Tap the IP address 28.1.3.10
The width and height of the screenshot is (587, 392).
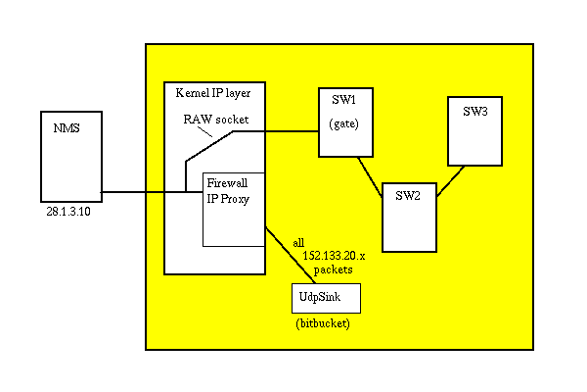pos(70,210)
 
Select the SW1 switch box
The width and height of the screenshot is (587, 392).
pos(347,122)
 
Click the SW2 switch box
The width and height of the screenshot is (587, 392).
pos(409,216)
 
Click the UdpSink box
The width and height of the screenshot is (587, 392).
pos(326,297)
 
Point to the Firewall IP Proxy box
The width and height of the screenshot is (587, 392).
pos(233,210)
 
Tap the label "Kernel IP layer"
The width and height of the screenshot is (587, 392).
pos(212,94)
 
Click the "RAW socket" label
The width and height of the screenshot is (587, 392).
pos(216,119)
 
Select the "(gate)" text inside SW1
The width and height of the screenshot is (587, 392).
pos(346,126)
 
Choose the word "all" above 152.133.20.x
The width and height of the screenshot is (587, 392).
pos(299,241)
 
